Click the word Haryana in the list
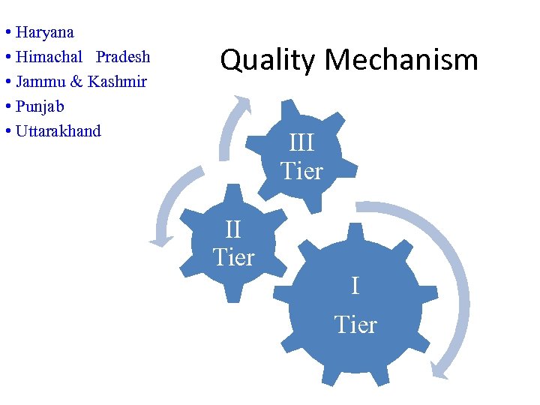coord(44,33)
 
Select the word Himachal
coord(49,58)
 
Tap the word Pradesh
coord(123,58)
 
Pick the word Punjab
coord(40,106)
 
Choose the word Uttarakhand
coord(58,131)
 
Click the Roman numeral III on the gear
coord(301,142)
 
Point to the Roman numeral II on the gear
coord(233,229)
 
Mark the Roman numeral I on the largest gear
coord(355,286)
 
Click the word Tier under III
coord(301,171)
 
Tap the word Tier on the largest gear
coord(355,325)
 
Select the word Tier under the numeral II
coord(233,257)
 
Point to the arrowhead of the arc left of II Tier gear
coord(160,240)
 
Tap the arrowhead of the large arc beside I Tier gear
coord(442,368)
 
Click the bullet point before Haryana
coord(6,33)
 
